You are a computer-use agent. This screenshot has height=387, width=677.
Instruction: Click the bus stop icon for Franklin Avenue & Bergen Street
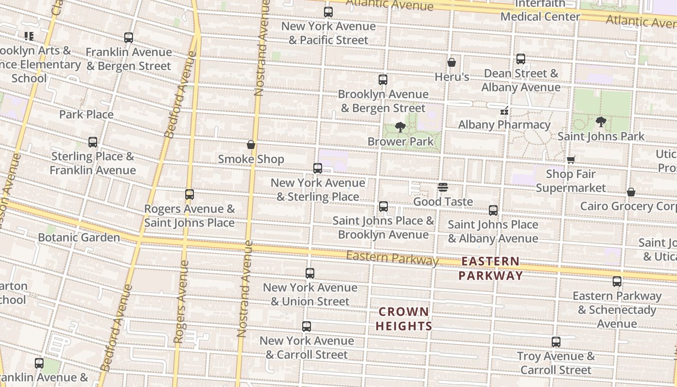(129, 37)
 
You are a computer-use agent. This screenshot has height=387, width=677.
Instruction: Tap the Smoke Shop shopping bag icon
(251, 144)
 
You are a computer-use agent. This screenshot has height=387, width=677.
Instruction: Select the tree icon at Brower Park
(400, 127)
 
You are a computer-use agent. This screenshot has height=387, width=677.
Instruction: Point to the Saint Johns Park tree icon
(601, 122)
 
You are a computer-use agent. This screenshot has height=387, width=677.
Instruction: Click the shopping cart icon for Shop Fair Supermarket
(571, 160)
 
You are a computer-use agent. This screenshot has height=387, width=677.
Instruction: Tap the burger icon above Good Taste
(443, 187)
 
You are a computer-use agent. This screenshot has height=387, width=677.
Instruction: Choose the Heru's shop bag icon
(452, 62)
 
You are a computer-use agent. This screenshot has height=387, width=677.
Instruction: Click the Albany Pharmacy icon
(504, 111)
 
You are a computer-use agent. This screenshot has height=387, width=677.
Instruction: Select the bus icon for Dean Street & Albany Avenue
(521, 59)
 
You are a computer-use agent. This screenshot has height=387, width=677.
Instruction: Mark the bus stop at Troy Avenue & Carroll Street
(556, 342)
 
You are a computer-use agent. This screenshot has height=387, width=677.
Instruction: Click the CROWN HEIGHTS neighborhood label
(404, 319)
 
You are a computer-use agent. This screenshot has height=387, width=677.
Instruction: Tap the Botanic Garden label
(79, 238)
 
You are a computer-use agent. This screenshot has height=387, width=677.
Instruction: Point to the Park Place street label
(86, 115)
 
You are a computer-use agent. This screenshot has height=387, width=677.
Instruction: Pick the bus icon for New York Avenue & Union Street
(310, 273)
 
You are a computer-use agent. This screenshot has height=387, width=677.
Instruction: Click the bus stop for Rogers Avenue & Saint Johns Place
(190, 194)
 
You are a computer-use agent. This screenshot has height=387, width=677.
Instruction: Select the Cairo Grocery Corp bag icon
(631, 192)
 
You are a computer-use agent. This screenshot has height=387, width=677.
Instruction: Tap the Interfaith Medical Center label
(540, 10)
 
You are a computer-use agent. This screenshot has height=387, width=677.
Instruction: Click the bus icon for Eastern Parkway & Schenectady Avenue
(617, 282)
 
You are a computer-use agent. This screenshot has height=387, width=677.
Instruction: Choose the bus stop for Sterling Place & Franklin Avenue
(93, 142)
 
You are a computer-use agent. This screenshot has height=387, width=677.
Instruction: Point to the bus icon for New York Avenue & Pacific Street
(328, 12)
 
